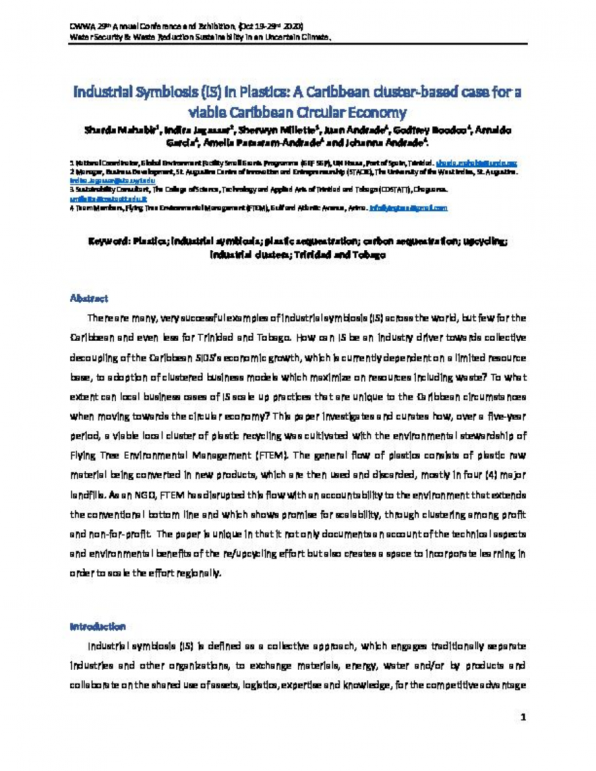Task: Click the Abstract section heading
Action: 89,299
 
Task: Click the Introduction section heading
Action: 97,626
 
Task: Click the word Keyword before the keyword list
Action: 109,242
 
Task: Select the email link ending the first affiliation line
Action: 475,163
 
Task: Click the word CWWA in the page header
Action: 80,26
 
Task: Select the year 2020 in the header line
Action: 291,26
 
